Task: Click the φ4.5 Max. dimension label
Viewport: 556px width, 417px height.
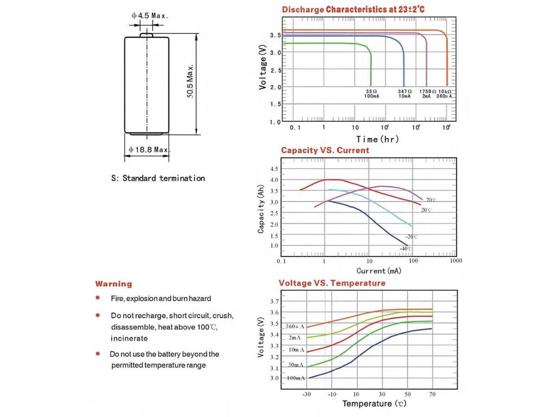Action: [x=149, y=15]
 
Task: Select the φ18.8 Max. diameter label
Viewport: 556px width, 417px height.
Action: [x=149, y=150]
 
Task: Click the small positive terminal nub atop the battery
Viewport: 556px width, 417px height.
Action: [x=147, y=34]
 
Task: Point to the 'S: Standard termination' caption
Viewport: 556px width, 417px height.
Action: [x=158, y=178]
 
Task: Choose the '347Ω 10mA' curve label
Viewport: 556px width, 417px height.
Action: [x=404, y=94]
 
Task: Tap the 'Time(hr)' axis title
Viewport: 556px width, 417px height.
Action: [x=377, y=139]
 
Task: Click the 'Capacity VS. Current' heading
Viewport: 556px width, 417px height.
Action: [x=325, y=150]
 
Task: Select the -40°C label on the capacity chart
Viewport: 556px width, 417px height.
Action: [x=406, y=249]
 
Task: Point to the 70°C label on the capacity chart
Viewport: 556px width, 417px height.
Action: [x=431, y=200]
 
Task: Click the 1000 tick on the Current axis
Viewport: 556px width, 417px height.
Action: [x=456, y=261]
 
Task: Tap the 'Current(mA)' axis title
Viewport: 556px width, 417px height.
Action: [x=379, y=271]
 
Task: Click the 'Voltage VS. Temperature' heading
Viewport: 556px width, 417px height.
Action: [x=332, y=283]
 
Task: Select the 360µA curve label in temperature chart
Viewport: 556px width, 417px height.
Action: [x=295, y=327]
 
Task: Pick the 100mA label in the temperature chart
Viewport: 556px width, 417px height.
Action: [x=296, y=378]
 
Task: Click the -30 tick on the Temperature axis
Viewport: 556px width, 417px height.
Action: [x=307, y=394]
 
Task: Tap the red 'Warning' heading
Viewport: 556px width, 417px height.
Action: [x=114, y=284]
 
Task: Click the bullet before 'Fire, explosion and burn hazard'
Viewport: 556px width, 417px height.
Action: [x=98, y=298]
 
